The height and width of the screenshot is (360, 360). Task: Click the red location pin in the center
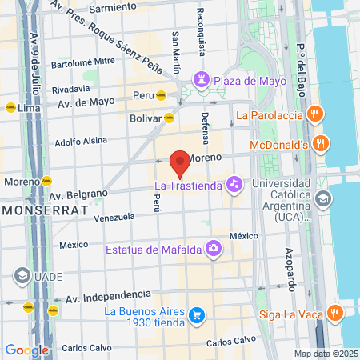coord(180,162)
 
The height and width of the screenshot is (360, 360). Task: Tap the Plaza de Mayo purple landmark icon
coord(200,80)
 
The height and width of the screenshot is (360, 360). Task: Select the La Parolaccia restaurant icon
coord(316,114)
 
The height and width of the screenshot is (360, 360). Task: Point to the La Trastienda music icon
coord(233,184)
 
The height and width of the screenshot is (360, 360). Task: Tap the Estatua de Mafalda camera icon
coord(214,249)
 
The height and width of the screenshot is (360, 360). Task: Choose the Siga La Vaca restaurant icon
coord(338,311)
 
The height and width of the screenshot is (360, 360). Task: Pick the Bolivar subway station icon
coord(170,118)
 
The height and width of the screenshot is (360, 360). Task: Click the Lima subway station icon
coord(10,106)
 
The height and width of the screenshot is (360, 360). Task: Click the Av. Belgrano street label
coord(78,194)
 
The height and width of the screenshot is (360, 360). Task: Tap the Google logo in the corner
coord(27,350)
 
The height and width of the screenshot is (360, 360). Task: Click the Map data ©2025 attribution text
coord(324,354)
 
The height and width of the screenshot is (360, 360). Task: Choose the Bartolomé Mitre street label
coord(82,61)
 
